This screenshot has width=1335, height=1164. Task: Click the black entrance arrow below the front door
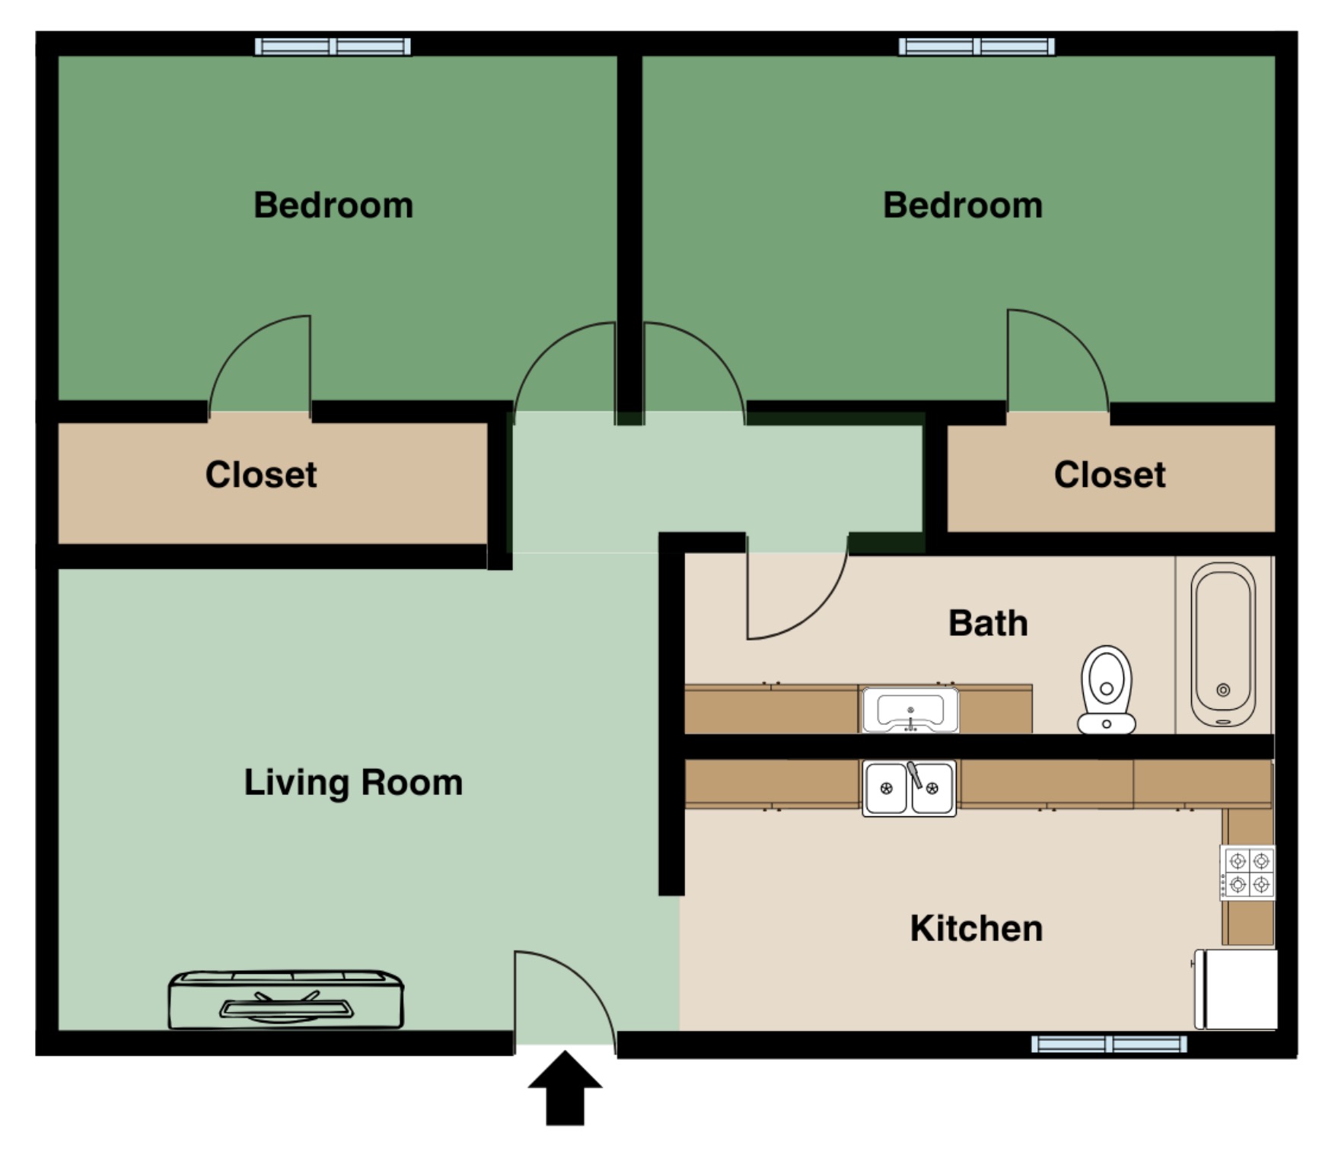click(566, 1088)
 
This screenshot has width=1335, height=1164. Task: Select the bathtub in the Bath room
click(1223, 645)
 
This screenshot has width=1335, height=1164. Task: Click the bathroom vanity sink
click(910, 709)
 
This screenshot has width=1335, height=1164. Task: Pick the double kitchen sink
click(910, 788)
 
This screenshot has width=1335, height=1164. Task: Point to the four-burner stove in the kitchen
click(1248, 872)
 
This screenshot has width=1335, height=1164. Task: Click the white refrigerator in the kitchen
click(1236, 989)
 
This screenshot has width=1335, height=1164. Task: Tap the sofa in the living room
click(285, 1000)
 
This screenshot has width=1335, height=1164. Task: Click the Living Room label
click(353, 784)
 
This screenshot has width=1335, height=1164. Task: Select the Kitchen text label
click(977, 929)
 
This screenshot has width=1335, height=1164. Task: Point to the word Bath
click(988, 624)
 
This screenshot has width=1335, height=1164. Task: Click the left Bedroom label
click(333, 205)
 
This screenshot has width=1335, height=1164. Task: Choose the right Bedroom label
click(963, 205)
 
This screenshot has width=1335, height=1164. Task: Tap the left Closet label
click(261, 475)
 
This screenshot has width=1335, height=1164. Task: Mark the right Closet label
click(1110, 475)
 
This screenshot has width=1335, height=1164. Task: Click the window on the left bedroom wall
click(333, 46)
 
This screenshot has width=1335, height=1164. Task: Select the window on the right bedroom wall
click(977, 46)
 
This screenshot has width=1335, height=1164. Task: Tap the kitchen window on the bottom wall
click(1109, 1044)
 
